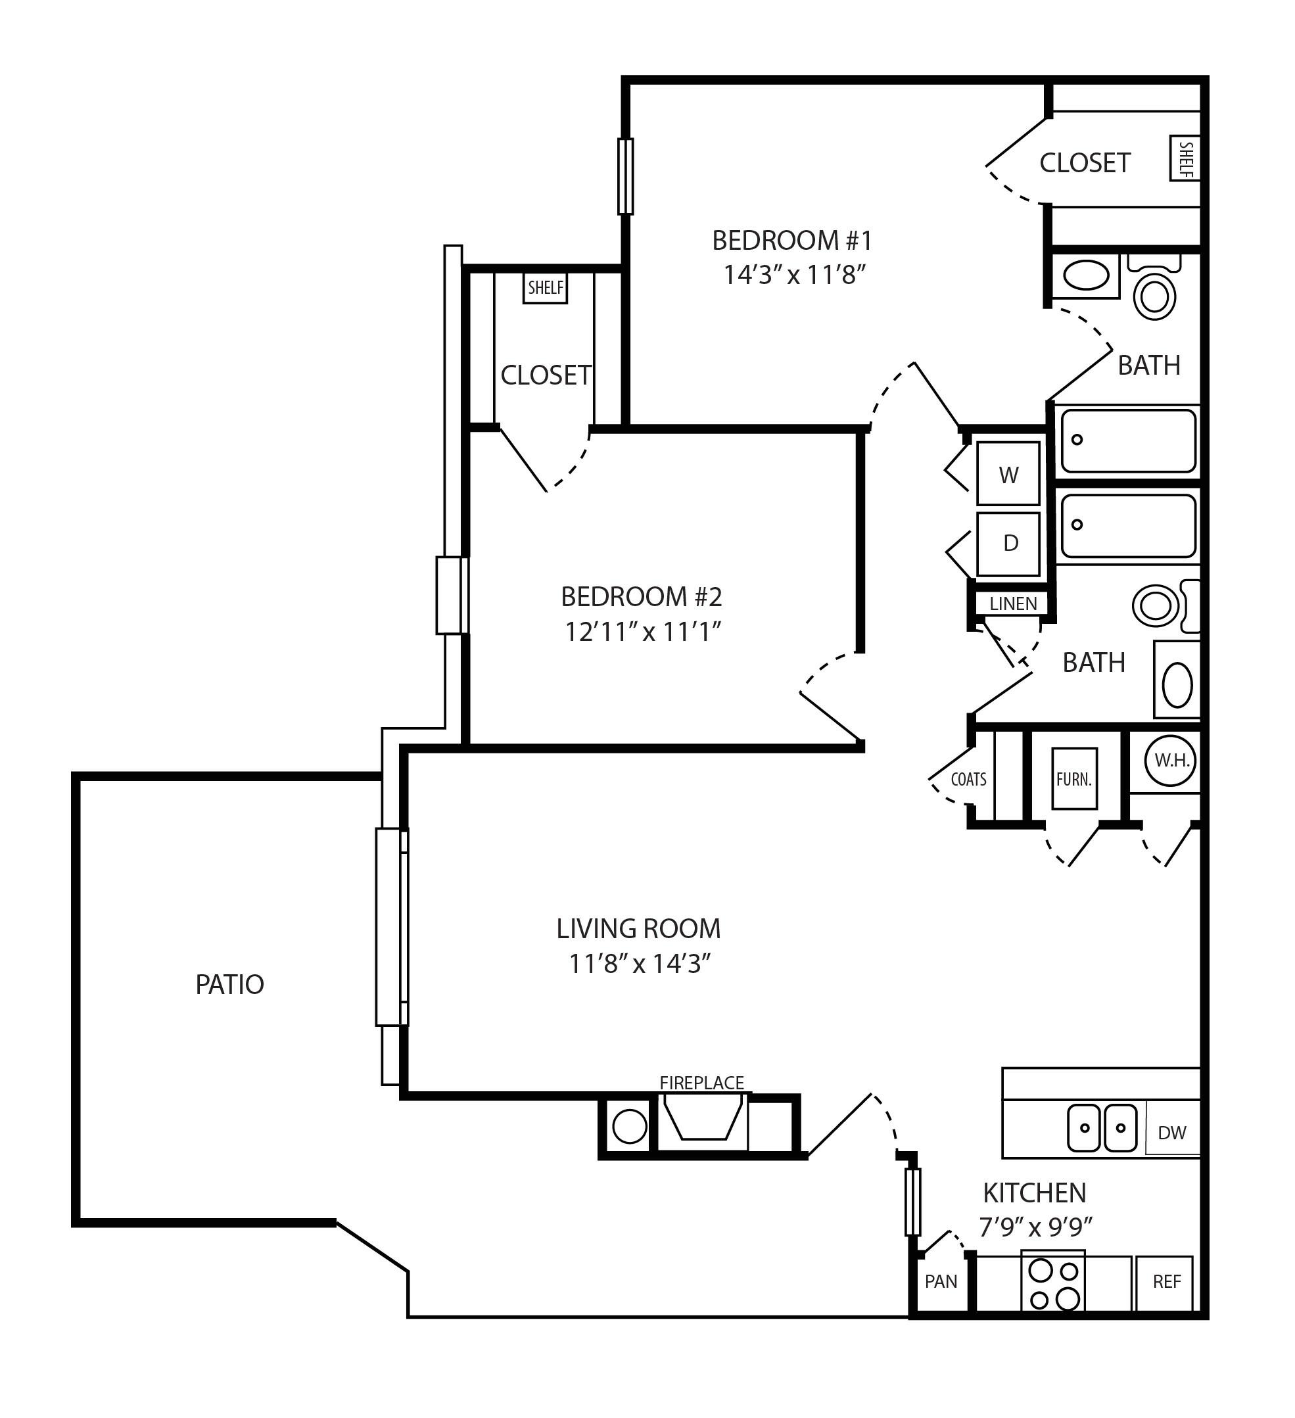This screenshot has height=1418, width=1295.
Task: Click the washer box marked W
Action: click(x=1008, y=474)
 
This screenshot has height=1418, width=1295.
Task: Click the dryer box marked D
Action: click(x=1008, y=544)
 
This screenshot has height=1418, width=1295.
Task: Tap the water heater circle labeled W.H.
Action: click(x=1171, y=761)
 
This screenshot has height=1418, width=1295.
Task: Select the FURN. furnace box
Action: click(x=1073, y=778)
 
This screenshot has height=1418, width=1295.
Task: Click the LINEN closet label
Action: click(x=1013, y=603)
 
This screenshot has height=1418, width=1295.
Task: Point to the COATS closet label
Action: click(x=968, y=779)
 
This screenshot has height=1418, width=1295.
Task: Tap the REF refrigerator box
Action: click(x=1166, y=1281)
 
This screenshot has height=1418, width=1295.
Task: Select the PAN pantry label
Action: click(x=941, y=1281)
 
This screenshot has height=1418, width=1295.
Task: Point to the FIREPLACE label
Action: click(x=701, y=1083)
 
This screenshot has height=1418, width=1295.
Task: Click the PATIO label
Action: click(x=229, y=985)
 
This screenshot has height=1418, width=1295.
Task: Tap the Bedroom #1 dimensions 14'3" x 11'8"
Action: click(x=793, y=275)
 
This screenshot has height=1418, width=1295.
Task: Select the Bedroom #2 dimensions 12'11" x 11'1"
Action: click(x=643, y=632)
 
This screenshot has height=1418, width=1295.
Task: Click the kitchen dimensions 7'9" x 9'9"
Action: click(x=1035, y=1227)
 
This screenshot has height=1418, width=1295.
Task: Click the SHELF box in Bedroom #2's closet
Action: click(x=545, y=288)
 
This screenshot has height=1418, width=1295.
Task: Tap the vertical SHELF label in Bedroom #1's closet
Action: click(x=1185, y=158)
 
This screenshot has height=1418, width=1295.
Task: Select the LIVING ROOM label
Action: click(x=638, y=928)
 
